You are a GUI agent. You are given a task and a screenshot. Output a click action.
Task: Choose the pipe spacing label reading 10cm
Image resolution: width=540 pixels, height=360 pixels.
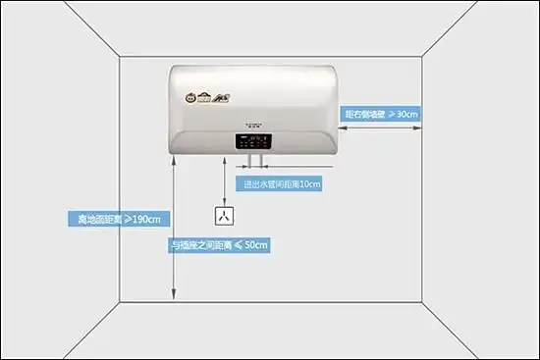point(282,183)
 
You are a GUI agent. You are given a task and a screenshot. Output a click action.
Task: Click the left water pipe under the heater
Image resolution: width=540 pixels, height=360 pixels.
point(250,162)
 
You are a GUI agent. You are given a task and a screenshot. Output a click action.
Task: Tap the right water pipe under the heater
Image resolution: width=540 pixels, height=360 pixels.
point(261,162)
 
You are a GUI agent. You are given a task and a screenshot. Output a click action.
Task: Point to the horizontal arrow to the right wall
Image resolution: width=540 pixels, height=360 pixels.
point(382,126)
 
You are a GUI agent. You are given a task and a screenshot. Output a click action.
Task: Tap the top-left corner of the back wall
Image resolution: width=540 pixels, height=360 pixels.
point(120,57)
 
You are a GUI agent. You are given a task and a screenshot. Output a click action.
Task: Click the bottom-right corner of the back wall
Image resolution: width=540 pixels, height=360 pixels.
point(422,300)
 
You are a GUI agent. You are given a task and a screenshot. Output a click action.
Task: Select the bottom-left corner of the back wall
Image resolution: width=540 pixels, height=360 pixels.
point(120,300)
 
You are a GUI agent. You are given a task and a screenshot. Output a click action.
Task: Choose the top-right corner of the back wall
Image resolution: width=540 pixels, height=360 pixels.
point(422,57)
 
